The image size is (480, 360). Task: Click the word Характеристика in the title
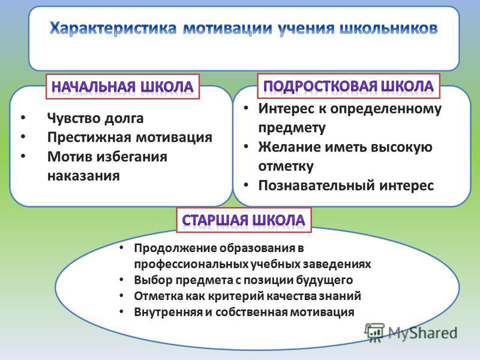113,29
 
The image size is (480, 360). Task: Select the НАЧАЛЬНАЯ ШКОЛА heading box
122,86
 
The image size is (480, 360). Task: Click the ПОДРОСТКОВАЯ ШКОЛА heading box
349,86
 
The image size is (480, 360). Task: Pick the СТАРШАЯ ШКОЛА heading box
244,220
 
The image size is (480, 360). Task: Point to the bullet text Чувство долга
95,118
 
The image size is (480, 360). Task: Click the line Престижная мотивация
130,137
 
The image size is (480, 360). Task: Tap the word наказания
83,176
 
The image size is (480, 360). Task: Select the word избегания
132,157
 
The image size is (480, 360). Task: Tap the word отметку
286,166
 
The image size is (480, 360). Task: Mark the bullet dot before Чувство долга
23,117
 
